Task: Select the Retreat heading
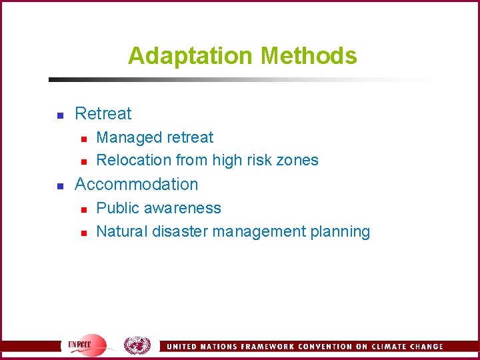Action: (103, 113)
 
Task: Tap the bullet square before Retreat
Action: (59, 115)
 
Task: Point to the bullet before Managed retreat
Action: (83, 138)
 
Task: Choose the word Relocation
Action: (134, 160)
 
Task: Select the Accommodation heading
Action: (137, 184)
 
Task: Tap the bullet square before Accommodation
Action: (59, 185)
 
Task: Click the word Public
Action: (117, 208)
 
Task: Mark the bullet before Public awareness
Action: (83, 209)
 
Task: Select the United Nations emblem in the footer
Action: (137, 345)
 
